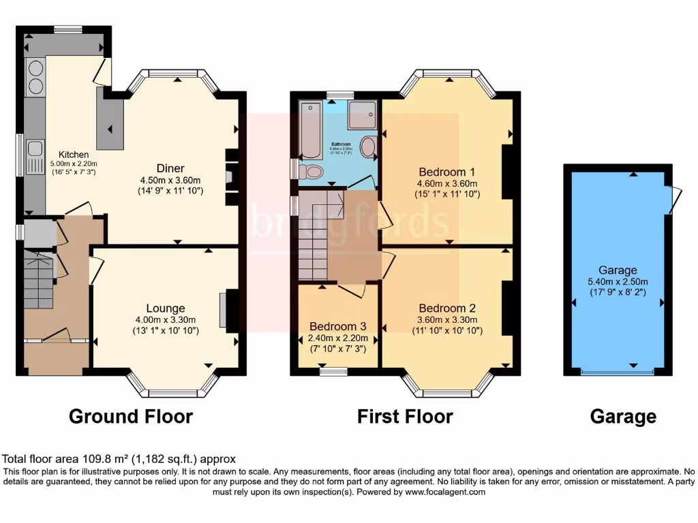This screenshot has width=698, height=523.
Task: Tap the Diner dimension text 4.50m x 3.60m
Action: tap(170, 180)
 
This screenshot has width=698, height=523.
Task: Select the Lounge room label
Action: tap(165, 308)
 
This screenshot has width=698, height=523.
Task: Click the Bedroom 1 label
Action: tap(446, 172)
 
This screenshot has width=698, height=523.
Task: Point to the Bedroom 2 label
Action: tap(446, 308)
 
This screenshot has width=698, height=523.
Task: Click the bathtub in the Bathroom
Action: tap(311, 129)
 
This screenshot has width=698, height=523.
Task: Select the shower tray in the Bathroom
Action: tap(362, 115)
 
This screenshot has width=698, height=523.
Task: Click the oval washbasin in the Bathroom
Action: tap(369, 147)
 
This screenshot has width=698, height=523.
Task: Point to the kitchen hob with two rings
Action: tap(34, 77)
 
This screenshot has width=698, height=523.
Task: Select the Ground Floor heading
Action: tap(131, 416)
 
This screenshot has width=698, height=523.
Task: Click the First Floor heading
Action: tap(405, 416)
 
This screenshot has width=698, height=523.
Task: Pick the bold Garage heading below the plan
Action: tap(623, 416)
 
